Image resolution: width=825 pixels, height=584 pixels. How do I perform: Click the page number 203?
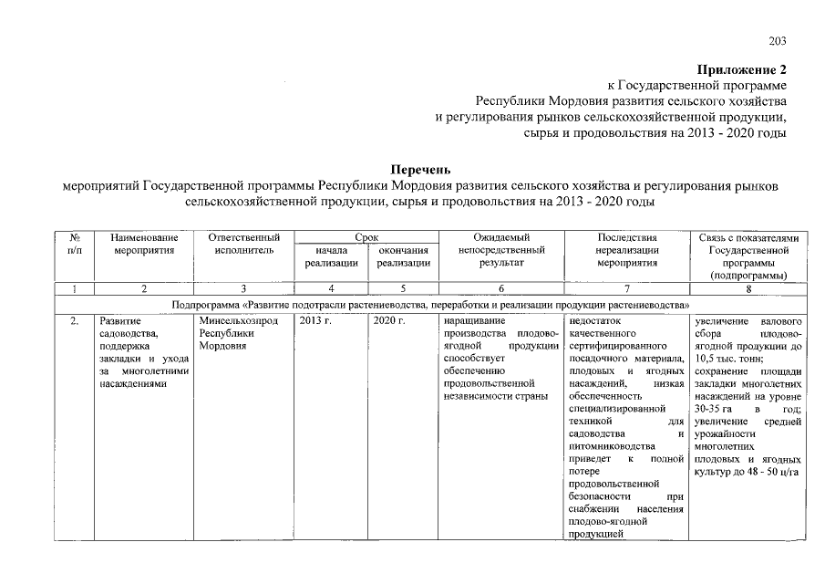pos(778,41)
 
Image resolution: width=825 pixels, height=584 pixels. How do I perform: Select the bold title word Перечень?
pos(420,169)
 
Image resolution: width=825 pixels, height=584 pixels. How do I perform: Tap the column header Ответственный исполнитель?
pos(243,243)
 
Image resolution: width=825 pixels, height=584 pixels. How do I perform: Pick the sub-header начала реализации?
pos(331,255)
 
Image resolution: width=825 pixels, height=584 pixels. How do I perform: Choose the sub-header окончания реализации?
pos(403,255)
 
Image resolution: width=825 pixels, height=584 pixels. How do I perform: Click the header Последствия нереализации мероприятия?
pos(626,249)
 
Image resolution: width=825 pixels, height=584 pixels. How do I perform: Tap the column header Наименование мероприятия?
pos(144,243)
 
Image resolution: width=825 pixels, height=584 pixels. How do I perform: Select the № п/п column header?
pos(75,243)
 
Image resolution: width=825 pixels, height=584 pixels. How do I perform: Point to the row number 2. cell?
pos(75,321)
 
